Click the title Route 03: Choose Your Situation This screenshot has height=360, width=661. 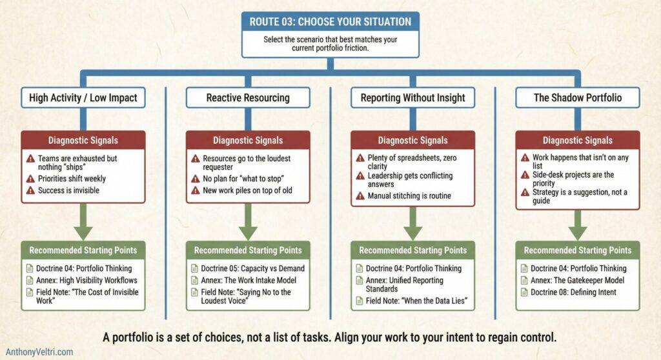point(330,21)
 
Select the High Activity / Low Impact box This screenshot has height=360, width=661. point(83,97)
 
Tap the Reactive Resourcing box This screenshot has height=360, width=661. point(248,97)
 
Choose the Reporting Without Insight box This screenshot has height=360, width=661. point(412,97)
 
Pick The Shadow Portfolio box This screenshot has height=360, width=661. point(577,97)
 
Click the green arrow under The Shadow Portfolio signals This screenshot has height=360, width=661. point(577,226)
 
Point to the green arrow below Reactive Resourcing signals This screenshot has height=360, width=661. point(248,226)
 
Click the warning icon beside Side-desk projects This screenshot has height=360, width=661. point(525,175)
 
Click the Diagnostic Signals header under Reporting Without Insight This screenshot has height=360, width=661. point(412,141)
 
